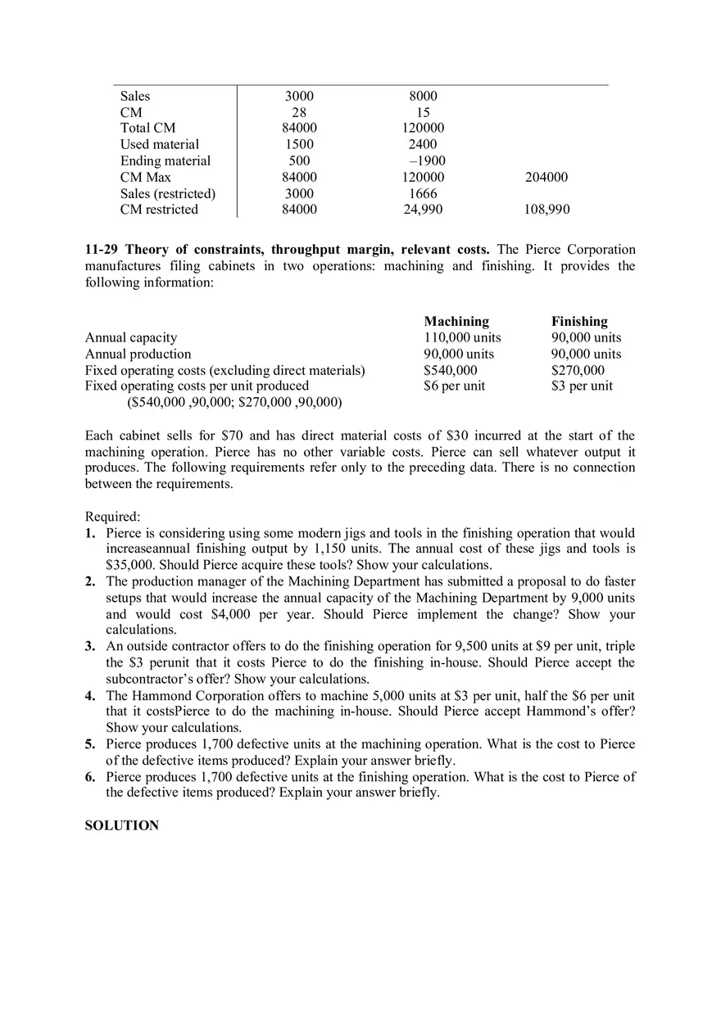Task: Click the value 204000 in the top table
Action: click(546, 177)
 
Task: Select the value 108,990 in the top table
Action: click(546, 210)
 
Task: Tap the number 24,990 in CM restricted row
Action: click(423, 210)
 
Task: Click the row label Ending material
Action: click(165, 160)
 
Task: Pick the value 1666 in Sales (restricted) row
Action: click(423, 193)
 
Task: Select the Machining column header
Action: click(456, 321)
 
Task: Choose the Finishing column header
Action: click(579, 321)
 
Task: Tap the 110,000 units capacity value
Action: click(462, 337)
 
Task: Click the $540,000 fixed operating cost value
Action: click(451, 370)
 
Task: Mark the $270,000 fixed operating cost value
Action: click(578, 370)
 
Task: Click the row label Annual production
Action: click(138, 354)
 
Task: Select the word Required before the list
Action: click(111, 517)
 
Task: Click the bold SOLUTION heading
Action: click(122, 825)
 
